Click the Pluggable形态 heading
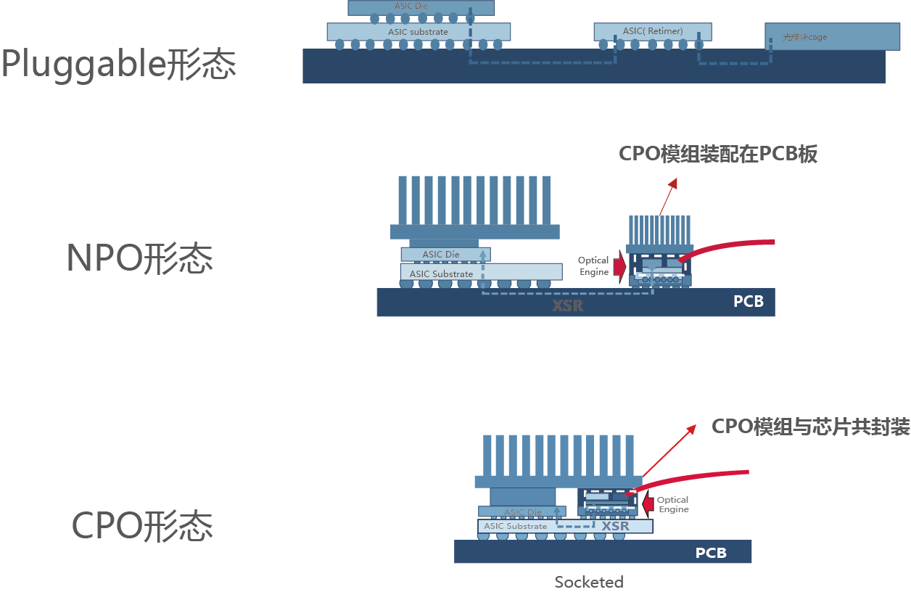(118, 65)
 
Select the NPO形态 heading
(140, 258)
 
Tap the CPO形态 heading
(142, 526)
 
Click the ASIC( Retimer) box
(653, 32)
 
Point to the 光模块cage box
(823, 37)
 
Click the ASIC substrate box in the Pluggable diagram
(419, 32)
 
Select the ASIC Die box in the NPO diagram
(442, 255)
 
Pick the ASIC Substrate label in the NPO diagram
(441, 274)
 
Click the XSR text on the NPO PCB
(568, 305)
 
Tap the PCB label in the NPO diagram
(749, 301)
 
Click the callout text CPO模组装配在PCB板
(718, 155)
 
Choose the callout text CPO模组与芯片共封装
(810, 427)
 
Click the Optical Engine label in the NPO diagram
(593, 266)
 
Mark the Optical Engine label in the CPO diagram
(673, 504)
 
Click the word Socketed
(589, 582)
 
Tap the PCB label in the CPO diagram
(711, 554)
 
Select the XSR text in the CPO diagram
(616, 526)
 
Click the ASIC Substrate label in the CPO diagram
(516, 526)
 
